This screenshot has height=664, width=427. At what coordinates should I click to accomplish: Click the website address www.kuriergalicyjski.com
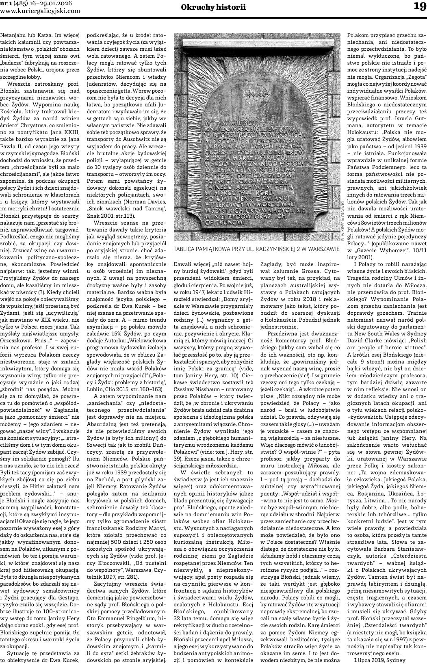pos(40,11)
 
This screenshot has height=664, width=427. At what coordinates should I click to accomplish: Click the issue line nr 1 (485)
pos(13,3)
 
